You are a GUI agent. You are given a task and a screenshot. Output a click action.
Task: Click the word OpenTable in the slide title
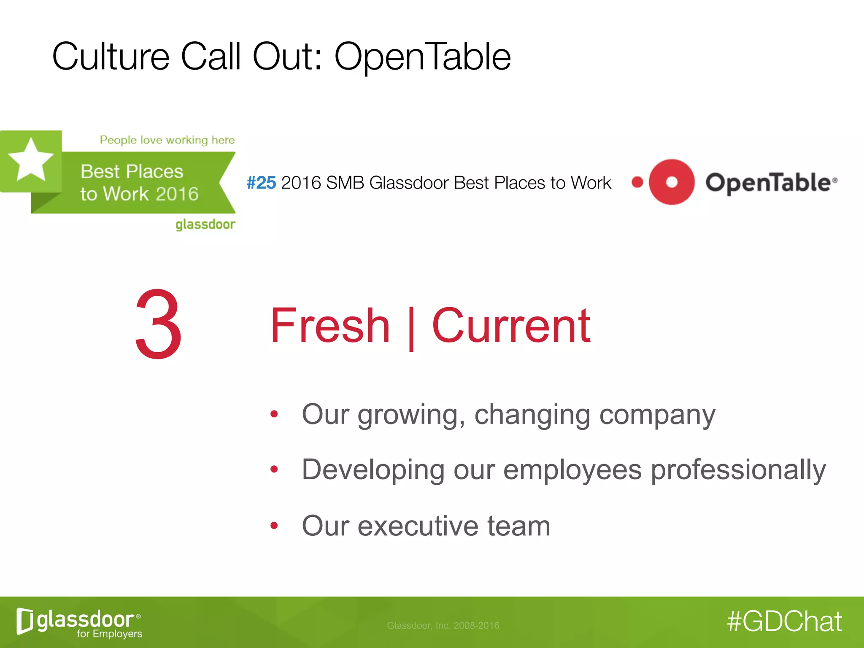[x=422, y=57]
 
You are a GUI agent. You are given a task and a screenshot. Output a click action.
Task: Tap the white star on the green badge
[x=31, y=160]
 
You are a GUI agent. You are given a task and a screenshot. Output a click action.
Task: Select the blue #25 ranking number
[x=261, y=183]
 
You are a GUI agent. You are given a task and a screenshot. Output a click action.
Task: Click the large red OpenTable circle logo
[x=671, y=182]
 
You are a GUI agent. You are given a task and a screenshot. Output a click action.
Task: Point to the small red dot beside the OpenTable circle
[x=637, y=182]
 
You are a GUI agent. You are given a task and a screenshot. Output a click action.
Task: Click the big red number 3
[x=159, y=324]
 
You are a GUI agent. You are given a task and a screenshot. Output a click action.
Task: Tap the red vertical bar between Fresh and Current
[x=411, y=328]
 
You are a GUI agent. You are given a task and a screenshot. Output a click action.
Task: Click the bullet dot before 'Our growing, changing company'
[x=274, y=414]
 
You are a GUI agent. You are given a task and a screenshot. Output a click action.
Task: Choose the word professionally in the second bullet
[x=738, y=470]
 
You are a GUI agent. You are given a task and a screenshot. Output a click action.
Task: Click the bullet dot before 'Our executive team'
[x=274, y=525]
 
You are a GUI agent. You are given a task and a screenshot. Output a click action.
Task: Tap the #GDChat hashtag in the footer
[x=784, y=621]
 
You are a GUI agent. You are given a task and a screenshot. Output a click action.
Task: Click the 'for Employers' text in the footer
[x=109, y=634]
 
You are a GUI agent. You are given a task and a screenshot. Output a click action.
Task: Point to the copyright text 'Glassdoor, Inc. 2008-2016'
[x=443, y=625]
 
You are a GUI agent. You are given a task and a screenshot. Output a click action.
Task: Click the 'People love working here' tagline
[x=167, y=140]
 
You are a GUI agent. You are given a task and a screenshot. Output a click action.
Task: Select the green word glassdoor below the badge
[x=205, y=224]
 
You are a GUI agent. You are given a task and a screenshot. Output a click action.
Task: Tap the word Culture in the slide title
[x=111, y=57]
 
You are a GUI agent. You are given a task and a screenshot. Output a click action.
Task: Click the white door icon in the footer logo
[x=24, y=621]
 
